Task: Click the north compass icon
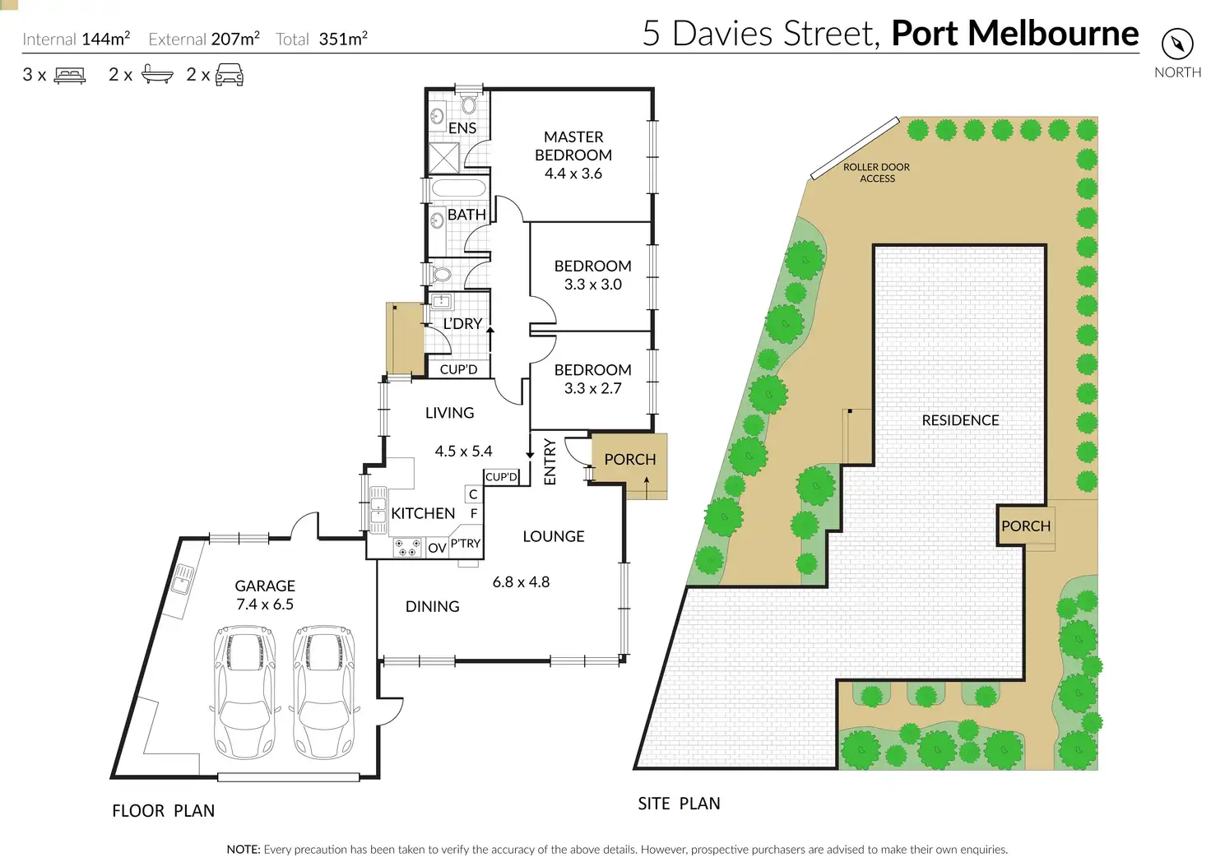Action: tap(1177, 43)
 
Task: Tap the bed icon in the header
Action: tap(70, 76)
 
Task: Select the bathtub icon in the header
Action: tap(157, 75)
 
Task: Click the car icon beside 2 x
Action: tap(229, 76)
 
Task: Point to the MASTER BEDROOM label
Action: tap(573, 146)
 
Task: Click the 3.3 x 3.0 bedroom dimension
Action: tap(592, 285)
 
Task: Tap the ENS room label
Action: tap(462, 128)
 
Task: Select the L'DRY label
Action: tap(462, 324)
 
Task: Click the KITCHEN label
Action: tap(423, 513)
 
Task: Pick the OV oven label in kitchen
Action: tap(437, 548)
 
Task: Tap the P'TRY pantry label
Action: tap(465, 544)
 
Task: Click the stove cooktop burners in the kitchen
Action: tap(406, 547)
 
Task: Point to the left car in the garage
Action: tap(245, 691)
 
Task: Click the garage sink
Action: tap(182, 579)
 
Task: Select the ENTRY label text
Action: tap(550, 461)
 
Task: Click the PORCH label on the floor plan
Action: tap(630, 460)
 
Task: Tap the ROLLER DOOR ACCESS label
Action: tap(877, 173)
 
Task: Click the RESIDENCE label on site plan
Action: tap(960, 420)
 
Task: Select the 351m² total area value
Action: tap(343, 39)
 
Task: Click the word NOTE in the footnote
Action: tap(244, 850)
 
